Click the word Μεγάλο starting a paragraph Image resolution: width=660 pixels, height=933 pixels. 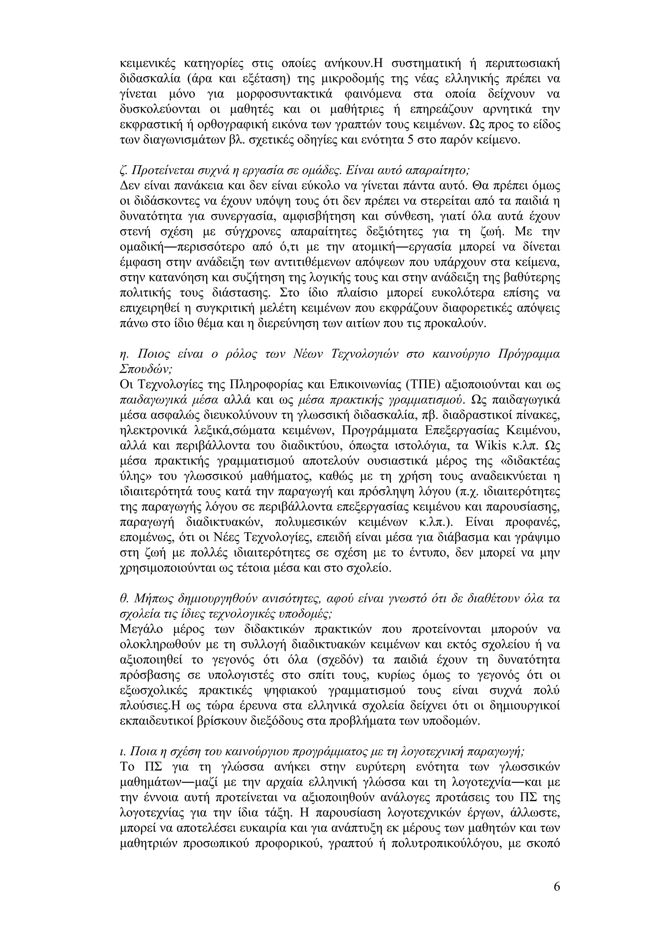coord(142,629)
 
